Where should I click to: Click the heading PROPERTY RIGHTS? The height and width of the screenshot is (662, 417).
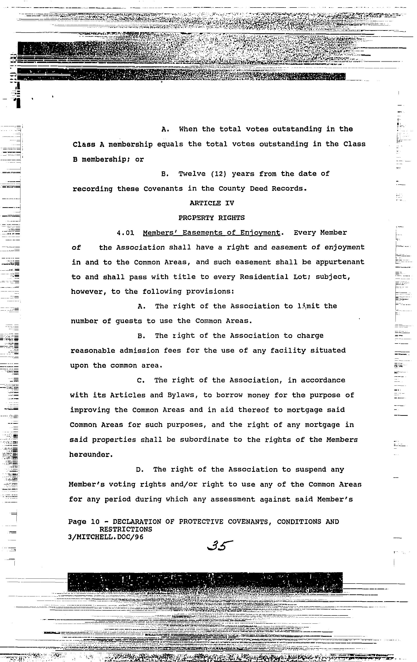point(211,218)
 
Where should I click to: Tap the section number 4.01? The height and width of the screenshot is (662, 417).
point(125,233)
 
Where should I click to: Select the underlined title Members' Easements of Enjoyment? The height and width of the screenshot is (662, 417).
point(211,233)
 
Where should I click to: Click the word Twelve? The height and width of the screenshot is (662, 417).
point(192,174)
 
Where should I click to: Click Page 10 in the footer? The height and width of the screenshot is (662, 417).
point(84,521)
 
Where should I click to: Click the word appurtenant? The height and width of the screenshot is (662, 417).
point(340,262)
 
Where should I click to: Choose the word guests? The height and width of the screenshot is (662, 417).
point(128,321)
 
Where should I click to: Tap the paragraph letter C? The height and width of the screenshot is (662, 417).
point(141,380)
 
